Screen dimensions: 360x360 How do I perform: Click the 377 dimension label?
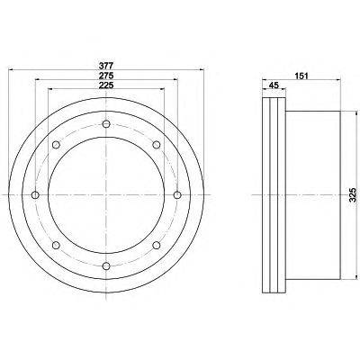click(106, 65)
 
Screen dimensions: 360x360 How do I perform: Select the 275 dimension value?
click(106, 75)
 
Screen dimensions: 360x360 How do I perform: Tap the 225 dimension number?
click(106, 85)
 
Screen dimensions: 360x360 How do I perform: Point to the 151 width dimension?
click(301, 76)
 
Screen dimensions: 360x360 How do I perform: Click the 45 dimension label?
click(273, 85)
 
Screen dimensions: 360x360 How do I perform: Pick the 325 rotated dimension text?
click(353, 195)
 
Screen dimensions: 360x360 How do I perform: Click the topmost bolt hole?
click(106, 124)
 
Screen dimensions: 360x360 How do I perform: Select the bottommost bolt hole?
click(106, 265)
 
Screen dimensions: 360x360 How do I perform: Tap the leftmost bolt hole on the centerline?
click(35, 195)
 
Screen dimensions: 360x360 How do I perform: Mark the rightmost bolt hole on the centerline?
click(177, 195)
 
